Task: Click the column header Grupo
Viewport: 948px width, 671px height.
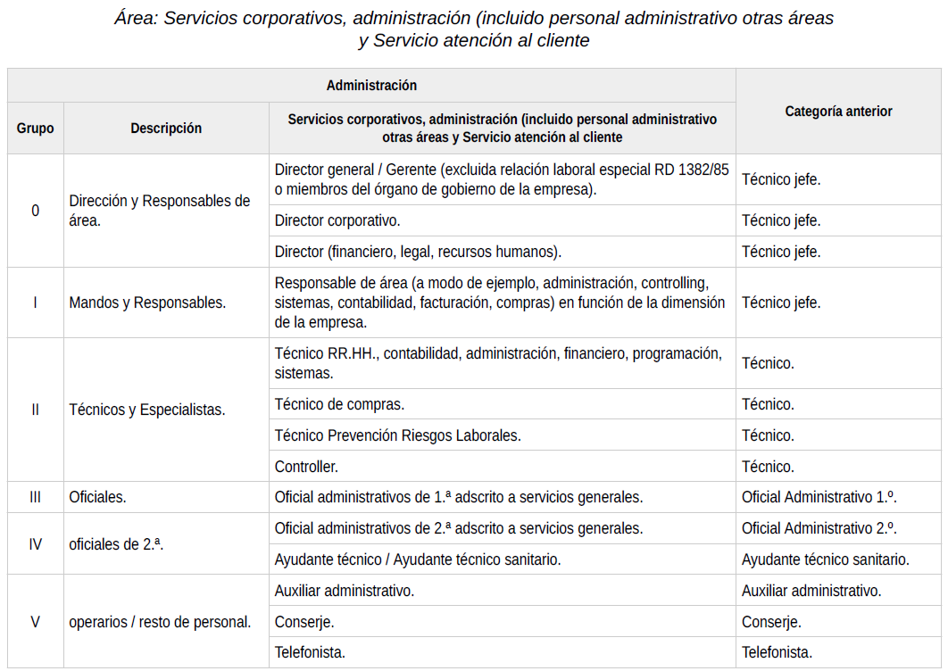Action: (x=36, y=128)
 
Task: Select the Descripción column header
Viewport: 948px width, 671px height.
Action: (x=166, y=128)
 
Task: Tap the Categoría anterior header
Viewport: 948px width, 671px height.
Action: (x=838, y=112)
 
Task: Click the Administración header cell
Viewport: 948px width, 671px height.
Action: (x=371, y=86)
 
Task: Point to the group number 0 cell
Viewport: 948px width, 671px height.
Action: (x=36, y=211)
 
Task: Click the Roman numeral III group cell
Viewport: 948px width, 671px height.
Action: (x=36, y=497)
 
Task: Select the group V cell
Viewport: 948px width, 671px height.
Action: (x=36, y=622)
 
